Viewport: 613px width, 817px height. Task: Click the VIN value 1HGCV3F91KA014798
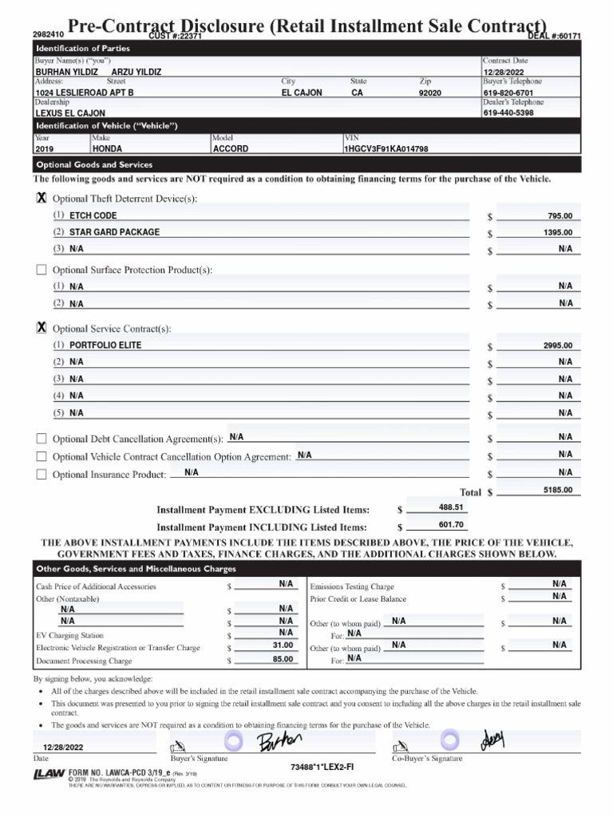386,149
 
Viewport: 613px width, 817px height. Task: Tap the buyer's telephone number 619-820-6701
508,93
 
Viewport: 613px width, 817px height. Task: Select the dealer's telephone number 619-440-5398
508,113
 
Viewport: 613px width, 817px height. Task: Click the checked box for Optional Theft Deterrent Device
42,198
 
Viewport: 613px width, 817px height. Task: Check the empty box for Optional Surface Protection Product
42,270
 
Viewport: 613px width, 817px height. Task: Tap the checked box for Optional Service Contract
42,329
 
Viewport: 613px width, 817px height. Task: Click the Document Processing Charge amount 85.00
283,660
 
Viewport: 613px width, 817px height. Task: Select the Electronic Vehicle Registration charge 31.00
283,645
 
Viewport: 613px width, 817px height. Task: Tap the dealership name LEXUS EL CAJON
69,113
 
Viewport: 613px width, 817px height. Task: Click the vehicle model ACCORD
231,149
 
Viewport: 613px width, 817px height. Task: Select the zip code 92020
429,93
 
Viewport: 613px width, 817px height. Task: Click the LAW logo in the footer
49,774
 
